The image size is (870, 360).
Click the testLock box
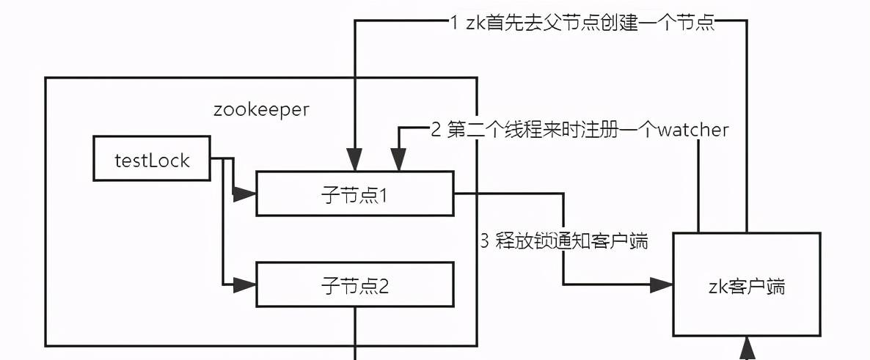tap(152, 159)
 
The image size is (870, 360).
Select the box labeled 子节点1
tap(354, 194)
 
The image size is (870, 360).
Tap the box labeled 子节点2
tap(354, 285)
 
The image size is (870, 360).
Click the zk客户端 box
tap(746, 285)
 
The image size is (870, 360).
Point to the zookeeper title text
tap(261, 110)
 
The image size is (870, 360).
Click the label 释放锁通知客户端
tap(571, 241)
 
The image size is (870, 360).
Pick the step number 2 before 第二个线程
tap(436, 131)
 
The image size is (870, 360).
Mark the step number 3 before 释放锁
tap(484, 241)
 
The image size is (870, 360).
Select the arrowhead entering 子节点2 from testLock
tap(246, 284)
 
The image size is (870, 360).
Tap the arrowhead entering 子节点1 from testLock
tap(246, 194)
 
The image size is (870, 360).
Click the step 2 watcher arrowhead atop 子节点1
tap(398, 161)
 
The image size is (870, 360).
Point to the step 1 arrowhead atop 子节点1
tap(355, 161)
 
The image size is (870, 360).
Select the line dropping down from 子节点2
tap(356, 334)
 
